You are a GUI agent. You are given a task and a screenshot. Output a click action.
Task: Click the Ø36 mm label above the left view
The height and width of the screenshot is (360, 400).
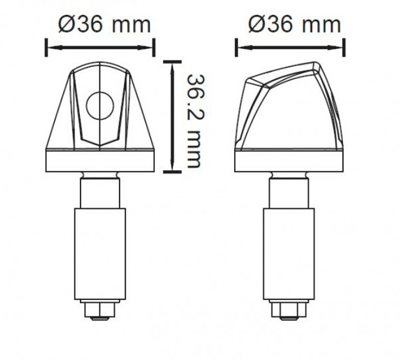coord(104,25)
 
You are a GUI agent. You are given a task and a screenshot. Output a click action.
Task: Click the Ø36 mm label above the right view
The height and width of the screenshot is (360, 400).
coord(295,24)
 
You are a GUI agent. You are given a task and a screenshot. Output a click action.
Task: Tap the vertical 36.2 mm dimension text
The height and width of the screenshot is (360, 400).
coord(193,121)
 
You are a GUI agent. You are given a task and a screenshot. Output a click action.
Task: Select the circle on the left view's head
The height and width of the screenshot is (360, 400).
coord(100,106)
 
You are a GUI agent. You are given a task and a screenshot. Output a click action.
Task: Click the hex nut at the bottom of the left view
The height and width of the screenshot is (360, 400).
coord(100,309)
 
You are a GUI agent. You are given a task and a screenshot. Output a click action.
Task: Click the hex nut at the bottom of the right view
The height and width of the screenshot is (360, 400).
coord(289,309)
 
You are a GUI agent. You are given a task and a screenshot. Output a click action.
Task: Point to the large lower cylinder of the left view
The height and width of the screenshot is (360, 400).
coord(100,254)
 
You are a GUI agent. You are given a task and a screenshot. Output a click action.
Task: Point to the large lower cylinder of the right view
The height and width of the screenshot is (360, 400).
coord(289,254)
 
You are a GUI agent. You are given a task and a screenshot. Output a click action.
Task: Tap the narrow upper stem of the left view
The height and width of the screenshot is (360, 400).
coord(100,193)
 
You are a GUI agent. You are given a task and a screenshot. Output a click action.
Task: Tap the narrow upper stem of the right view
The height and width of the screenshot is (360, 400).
coord(289,193)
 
